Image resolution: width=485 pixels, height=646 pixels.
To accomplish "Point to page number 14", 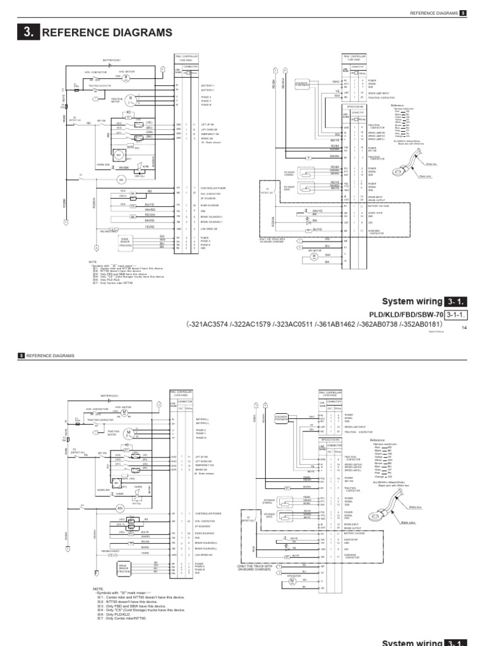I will click(x=464, y=327).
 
